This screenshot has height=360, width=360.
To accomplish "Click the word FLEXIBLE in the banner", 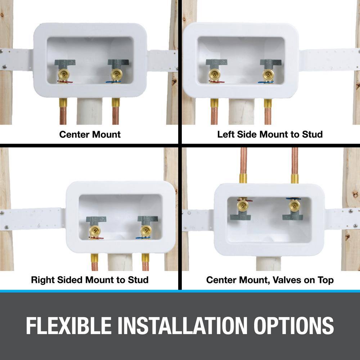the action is click(69, 325).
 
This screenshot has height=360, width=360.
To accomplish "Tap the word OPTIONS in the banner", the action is click(294, 325).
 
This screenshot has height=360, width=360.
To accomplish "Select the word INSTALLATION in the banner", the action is click(183, 325).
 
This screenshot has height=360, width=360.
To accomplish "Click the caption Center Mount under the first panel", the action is click(90, 134).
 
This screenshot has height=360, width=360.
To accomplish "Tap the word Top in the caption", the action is click(325, 280).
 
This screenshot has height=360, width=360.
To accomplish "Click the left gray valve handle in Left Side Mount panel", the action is click(216, 62).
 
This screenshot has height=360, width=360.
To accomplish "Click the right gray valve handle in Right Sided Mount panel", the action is click(147, 220).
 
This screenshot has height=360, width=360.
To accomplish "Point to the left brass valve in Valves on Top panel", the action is click(243, 206).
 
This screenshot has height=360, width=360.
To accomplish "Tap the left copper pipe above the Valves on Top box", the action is click(243, 165).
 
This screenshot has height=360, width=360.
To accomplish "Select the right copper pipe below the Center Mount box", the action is click(116, 112).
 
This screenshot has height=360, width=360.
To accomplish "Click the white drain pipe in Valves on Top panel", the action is click(268, 263).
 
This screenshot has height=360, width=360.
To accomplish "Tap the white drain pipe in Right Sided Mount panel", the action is click(120, 262).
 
